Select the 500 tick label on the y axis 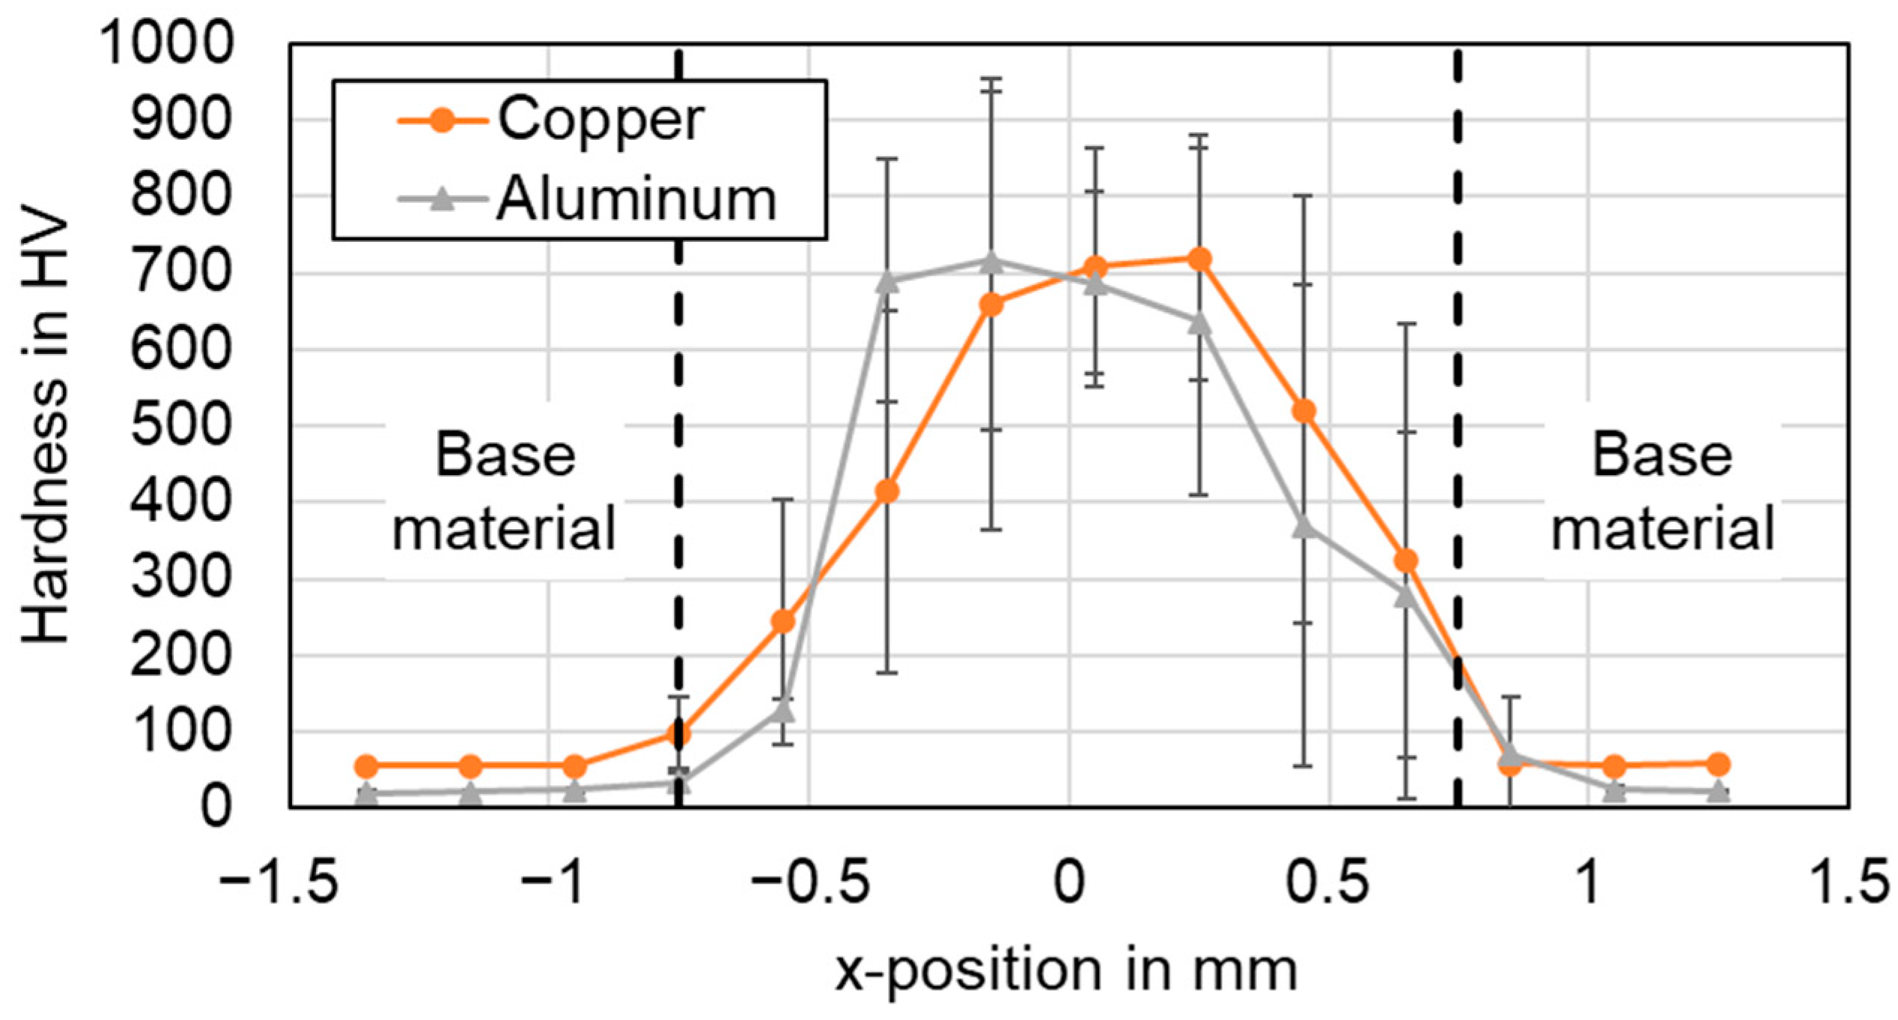click(x=180, y=427)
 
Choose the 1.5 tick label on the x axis click(x=1848, y=883)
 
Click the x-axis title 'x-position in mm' click(x=1066, y=971)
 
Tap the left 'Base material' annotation click(x=505, y=492)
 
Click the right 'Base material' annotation click(x=1662, y=492)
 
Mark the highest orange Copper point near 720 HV click(x=1199, y=260)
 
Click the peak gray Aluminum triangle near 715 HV click(x=991, y=263)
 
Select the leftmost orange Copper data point click(x=366, y=766)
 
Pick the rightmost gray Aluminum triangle click(x=1720, y=791)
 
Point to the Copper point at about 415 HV click(x=887, y=492)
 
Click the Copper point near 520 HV click(x=1304, y=412)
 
